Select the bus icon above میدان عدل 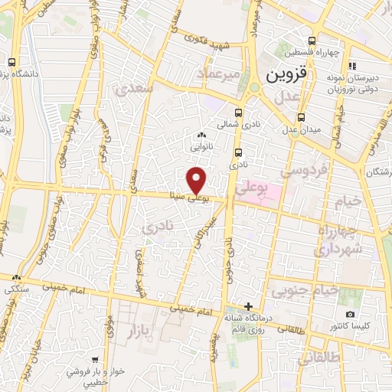tap(302, 117)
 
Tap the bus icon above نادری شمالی tap(240, 109)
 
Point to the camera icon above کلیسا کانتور tap(351, 315)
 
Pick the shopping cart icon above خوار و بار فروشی tap(94, 359)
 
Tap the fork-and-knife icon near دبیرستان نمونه tap(351, 66)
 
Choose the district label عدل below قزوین tap(286, 97)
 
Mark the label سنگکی tap(16, 289)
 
